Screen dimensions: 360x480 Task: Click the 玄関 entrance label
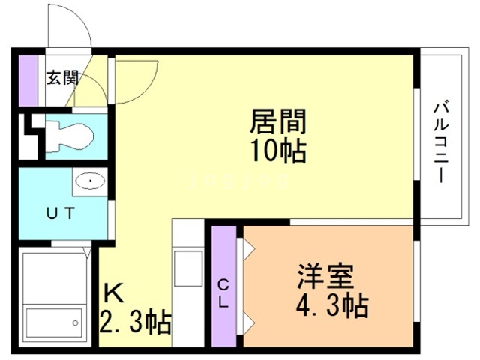62,77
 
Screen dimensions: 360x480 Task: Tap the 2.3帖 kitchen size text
136,324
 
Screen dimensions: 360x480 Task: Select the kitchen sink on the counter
187,266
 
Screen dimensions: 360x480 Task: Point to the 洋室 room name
325,278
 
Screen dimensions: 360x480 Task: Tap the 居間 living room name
279,121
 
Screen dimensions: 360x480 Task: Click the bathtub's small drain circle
75,323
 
